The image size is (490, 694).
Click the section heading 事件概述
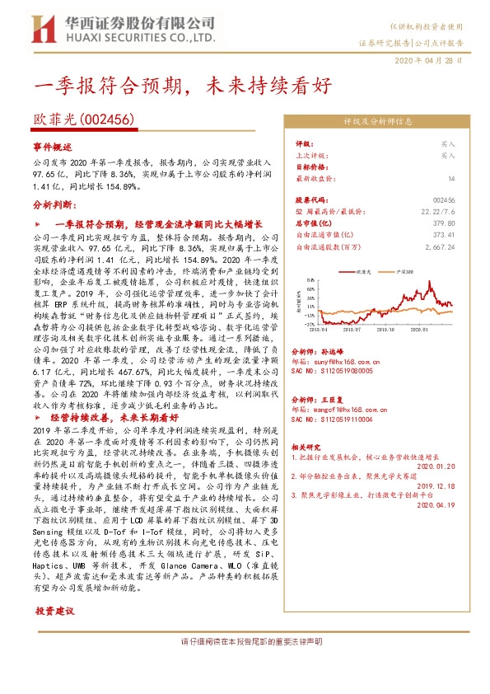click(x=54, y=145)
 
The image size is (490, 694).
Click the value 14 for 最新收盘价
click(x=451, y=178)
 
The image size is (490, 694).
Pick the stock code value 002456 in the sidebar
click(x=444, y=199)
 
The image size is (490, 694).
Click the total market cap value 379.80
click(x=444, y=223)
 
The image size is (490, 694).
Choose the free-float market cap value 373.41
click(x=444, y=234)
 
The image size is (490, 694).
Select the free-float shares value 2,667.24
click(x=440, y=246)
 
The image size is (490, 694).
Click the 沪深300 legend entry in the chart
click(x=405, y=270)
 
